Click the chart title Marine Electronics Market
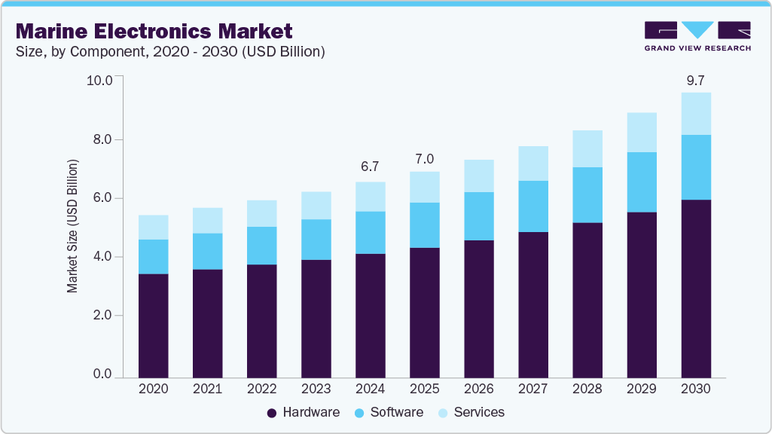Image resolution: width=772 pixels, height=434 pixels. point(154,32)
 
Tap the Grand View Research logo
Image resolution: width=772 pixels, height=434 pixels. point(697,36)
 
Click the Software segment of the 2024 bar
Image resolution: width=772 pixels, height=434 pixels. point(370,233)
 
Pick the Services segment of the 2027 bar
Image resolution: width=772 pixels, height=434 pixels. point(532,164)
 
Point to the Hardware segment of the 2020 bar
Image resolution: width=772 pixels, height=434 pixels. point(153,325)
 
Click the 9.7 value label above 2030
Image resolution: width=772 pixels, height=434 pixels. point(695,81)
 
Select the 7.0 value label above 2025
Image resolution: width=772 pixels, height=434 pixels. point(424,160)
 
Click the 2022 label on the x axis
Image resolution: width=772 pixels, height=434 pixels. point(261,389)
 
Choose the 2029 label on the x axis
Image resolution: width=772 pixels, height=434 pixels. point(641,389)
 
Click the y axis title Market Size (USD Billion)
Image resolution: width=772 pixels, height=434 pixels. point(73,226)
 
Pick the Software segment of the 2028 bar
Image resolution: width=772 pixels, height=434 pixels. point(587,195)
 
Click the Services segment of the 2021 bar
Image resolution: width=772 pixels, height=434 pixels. point(207,221)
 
